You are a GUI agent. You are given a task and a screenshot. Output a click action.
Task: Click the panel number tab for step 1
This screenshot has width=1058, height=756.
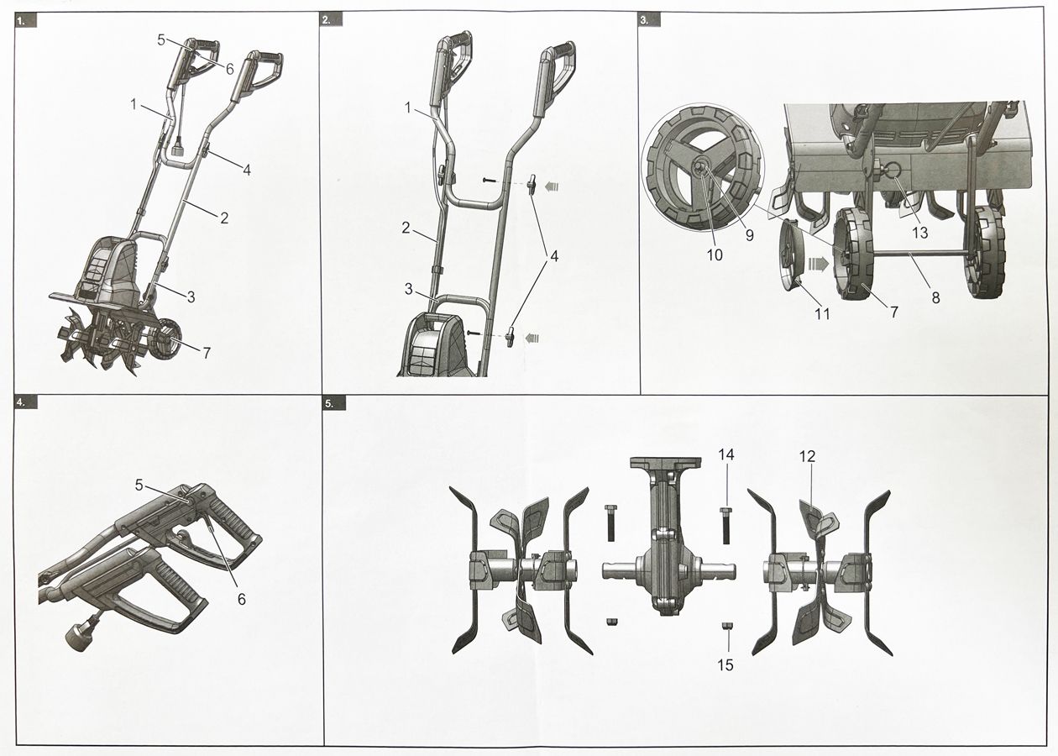pyautogui.click(x=24, y=21)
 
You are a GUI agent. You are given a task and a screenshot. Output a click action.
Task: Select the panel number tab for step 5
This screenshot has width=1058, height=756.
pyautogui.click(x=334, y=403)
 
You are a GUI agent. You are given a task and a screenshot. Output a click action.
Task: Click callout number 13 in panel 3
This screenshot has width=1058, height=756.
pyautogui.click(x=920, y=233)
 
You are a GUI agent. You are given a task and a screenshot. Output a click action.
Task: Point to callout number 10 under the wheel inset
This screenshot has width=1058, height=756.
pyautogui.click(x=715, y=255)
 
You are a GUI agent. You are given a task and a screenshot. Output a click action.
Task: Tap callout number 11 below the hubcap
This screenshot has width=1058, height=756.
pyautogui.click(x=822, y=314)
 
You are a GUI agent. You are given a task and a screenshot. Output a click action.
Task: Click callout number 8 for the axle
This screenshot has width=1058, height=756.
pyautogui.click(x=935, y=297)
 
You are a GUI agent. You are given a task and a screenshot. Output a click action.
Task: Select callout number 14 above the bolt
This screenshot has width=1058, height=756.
pyautogui.click(x=726, y=454)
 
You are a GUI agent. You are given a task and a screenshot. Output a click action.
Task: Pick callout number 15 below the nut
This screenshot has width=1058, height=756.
pyautogui.click(x=725, y=665)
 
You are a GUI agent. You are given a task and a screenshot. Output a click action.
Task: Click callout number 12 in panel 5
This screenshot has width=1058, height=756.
pyautogui.click(x=807, y=456)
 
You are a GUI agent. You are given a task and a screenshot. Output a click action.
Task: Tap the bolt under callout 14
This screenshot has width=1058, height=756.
pyautogui.click(x=726, y=525)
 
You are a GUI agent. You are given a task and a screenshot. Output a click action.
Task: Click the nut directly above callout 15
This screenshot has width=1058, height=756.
pyautogui.click(x=726, y=626)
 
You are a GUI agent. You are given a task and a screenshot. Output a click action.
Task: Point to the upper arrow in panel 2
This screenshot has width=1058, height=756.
pyautogui.click(x=550, y=187)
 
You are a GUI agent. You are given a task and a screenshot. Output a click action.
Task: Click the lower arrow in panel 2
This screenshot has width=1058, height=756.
pyautogui.click(x=532, y=338)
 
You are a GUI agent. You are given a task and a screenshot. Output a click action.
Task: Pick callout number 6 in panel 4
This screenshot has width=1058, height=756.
pyautogui.click(x=241, y=599)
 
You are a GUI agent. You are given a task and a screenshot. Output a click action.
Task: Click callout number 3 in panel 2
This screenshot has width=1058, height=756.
pyautogui.click(x=409, y=289)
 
